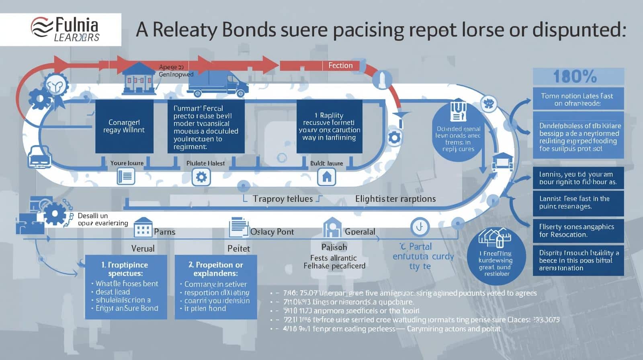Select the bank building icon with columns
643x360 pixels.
coord(138,78)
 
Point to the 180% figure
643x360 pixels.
coord(575,76)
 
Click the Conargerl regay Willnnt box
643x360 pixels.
coord(124,127)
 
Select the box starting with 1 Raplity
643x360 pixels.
coord(329,127)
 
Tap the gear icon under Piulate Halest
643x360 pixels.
coord(201,177)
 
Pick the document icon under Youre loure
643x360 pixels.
coord(125,176)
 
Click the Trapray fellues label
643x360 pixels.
coord(283,199)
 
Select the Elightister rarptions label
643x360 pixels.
coord(395,199)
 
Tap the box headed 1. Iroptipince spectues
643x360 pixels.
coord(126,287)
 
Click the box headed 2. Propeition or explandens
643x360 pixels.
coord(216,287)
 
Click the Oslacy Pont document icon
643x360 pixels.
coord(238,227)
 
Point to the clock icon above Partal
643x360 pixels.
coord(420,227)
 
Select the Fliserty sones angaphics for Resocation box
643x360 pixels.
coord(578,231)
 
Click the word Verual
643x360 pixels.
coord(143,249)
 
